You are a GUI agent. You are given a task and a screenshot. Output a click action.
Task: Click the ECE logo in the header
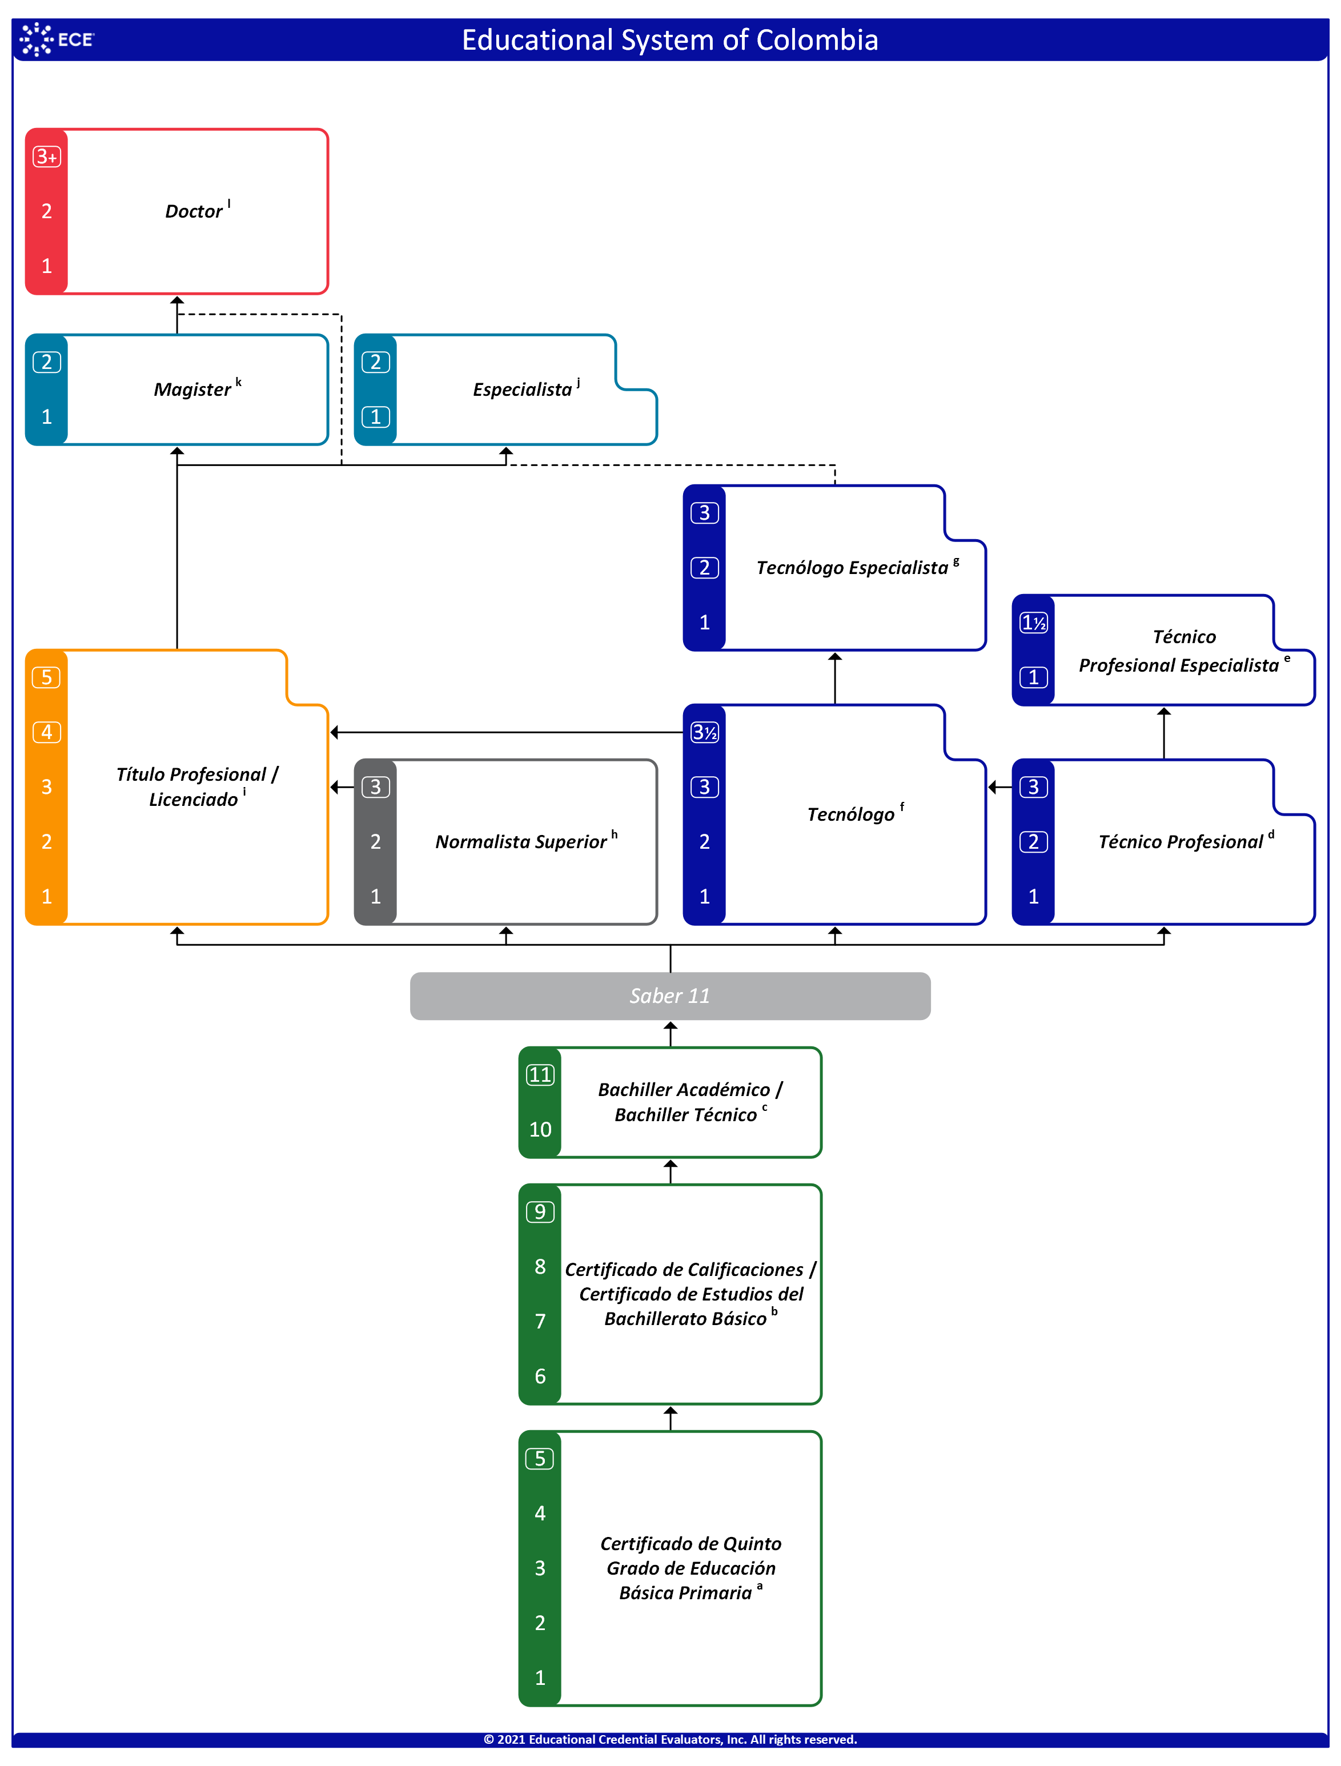57,39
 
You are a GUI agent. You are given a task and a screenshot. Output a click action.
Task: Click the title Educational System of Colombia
670,40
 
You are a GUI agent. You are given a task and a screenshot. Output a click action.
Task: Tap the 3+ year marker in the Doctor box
46,156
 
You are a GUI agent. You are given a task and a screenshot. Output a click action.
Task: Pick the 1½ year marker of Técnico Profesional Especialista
1034,623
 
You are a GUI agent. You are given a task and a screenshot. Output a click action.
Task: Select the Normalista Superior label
526,841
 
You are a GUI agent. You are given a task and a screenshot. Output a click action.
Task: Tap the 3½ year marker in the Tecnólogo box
705,732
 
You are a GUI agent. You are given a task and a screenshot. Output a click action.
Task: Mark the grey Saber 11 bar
670,996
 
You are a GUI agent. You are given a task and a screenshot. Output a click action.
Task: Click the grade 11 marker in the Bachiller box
540,1074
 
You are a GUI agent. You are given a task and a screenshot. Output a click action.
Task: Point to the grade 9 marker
540,1212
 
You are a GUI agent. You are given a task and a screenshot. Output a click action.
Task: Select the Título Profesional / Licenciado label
197,786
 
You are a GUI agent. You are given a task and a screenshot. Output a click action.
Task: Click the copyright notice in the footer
670,1740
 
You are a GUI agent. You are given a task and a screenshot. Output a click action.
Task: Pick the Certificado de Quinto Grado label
690,1568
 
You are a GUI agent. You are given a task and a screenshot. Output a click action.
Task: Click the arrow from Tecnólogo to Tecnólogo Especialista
835,679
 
